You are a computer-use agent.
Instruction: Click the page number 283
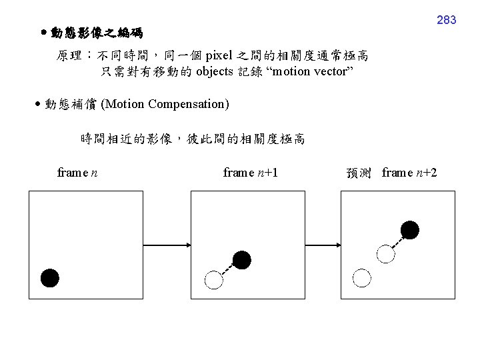coord(446,20)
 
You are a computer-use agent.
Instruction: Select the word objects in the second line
coord(215,72)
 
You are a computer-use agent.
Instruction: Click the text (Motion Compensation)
coord(165,105)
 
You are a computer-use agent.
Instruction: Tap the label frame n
coord(78,173)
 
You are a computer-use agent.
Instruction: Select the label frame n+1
coord(251,173)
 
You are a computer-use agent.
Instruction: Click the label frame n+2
coord(409,173)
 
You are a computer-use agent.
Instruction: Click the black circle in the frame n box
coord(50,278)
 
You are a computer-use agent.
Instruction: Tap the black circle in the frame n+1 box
coord(242,259)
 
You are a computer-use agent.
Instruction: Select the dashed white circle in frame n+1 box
coord(213,280)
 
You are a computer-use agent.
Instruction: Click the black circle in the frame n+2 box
coord(409,231)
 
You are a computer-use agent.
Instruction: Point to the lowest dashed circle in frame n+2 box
coord(361,277)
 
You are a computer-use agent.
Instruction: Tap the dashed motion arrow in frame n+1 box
coord(227,269)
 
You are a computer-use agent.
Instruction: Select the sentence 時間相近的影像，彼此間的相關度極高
coord(192,139)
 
